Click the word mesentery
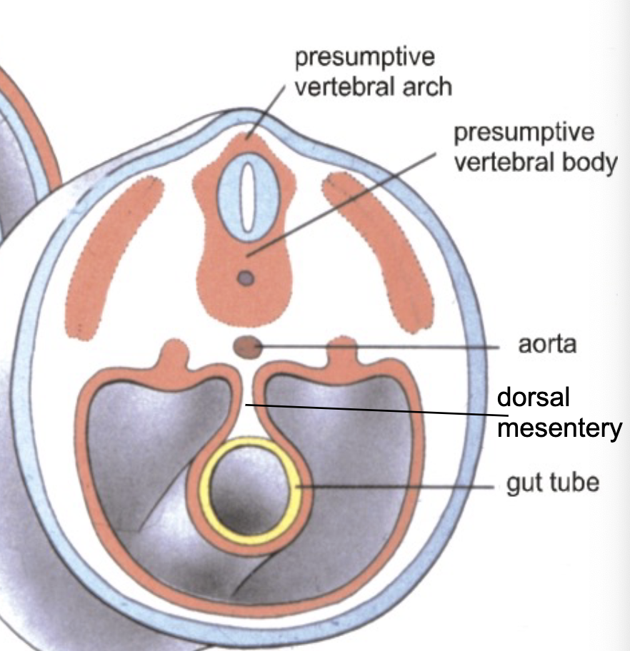click(x=559, y=429)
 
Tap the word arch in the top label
click(x=426, y=86)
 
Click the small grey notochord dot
click(x=246, y=278)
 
